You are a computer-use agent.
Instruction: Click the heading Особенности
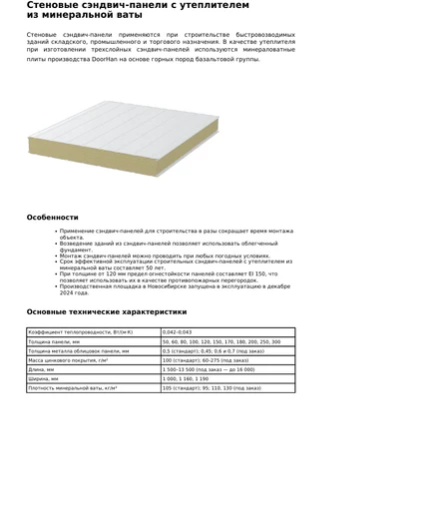coord(52,217)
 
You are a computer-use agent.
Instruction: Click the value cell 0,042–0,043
coord(177,332)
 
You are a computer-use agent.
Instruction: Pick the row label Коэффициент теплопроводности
coord(80,332)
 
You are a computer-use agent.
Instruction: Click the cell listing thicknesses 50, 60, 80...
coord(220,341)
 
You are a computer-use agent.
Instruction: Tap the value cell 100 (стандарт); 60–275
coord(205,360)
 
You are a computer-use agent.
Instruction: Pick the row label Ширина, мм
coord(44,378)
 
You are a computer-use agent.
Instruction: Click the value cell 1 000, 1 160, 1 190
coord(186,378)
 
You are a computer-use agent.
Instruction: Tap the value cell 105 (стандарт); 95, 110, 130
coord(211,387)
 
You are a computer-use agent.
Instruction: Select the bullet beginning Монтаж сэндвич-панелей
coord(164,256)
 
